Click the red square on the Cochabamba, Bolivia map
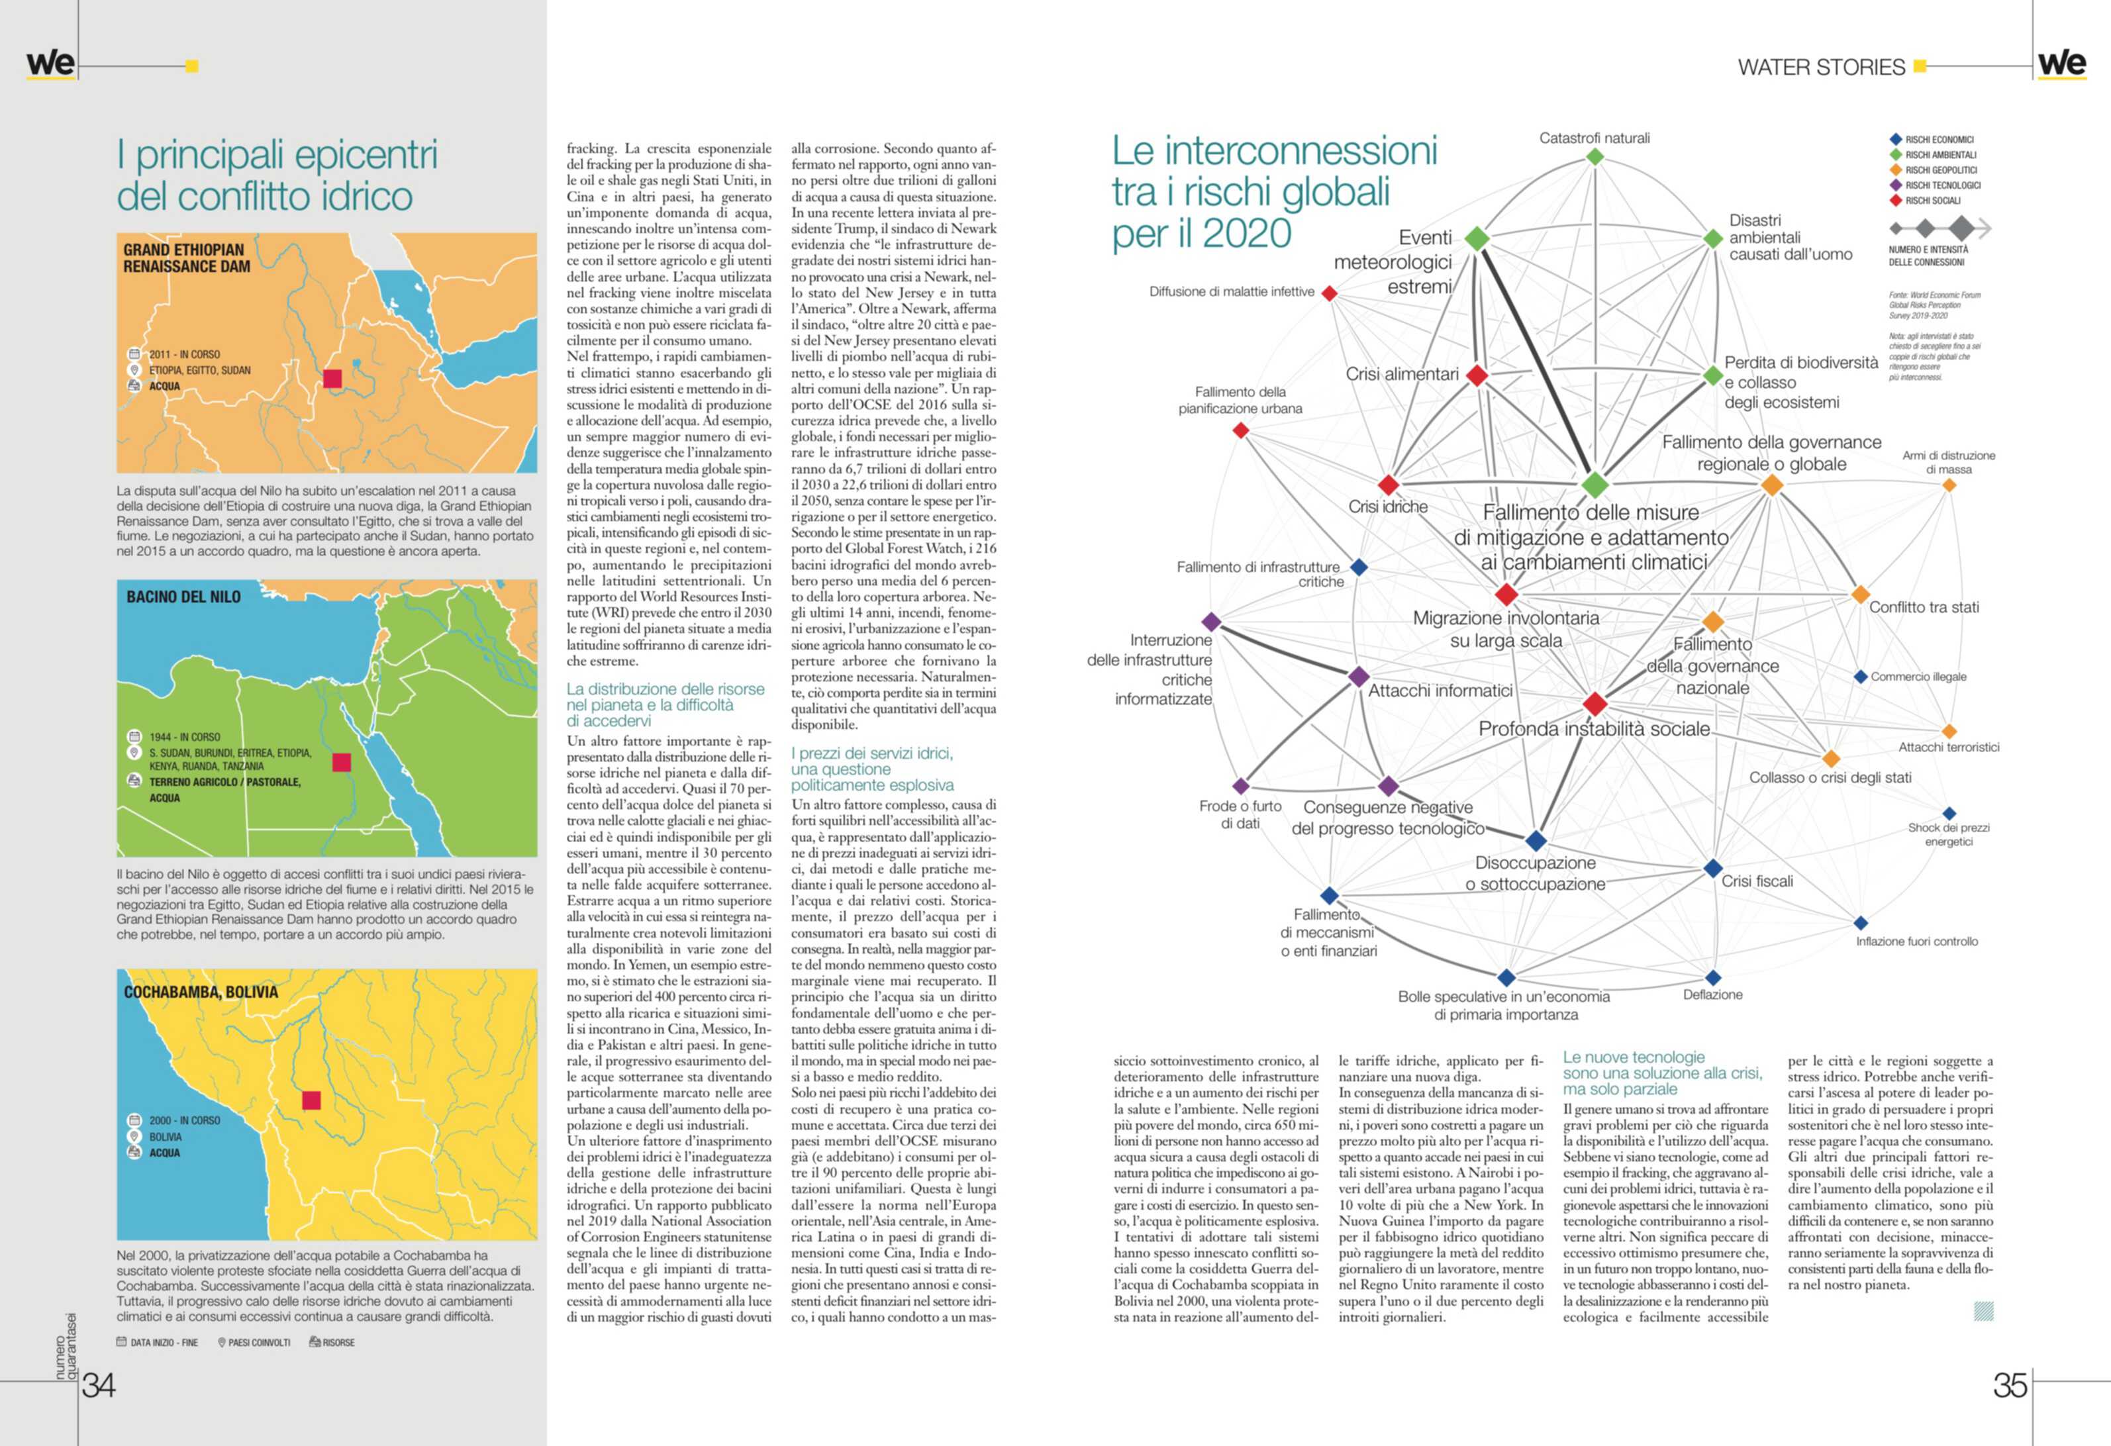coord(312,1100)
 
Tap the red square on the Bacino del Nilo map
coord(342,762)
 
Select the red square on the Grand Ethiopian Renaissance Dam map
coord(332,379)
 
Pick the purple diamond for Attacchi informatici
coord(1358,677)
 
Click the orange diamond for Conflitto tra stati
coord(1860,595)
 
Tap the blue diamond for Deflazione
coord(1712,978)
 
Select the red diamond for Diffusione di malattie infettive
coord(1329,293)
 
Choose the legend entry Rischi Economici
coord(1938,140)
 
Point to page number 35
coord(2009,1385)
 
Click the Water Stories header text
coord(1820,68)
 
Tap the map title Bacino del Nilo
coord(183,597)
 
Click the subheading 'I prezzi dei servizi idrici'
coord(872,754)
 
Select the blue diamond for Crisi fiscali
coord(1712,867)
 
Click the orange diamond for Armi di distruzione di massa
coord(1948,485)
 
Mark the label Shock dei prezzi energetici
coord(1948,834)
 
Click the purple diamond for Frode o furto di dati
coord(1241,786)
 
